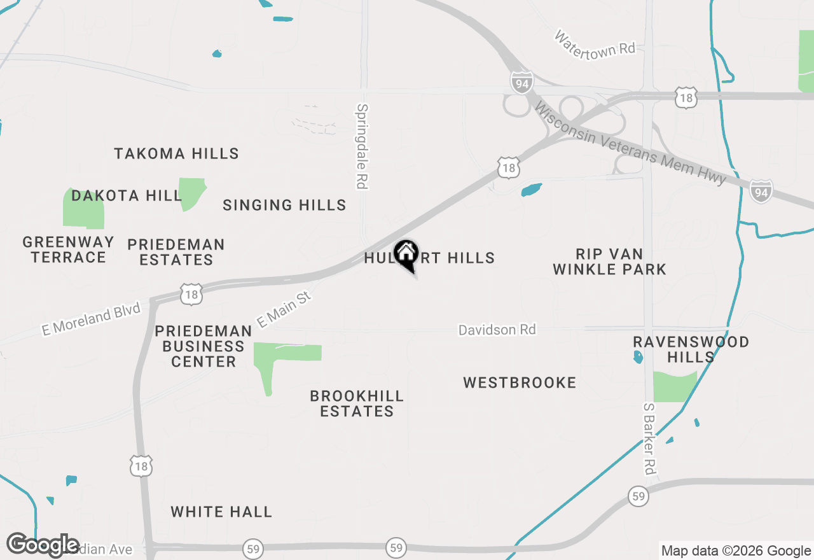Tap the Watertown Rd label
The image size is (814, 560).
pyautogui.click(x=595, y=43)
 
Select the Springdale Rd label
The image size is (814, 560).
pyautogui.click(x=362, y=146)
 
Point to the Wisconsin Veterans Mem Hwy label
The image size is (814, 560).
pyautogui.click(x=630, y=145)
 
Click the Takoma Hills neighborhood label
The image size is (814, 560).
pyautogui.click(x=177, y=153)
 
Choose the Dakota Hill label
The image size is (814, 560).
pyautogui.click(x=127, y=195)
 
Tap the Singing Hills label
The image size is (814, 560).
pyautogui.click(x=284, y=205)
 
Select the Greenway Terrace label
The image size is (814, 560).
pyautogui.click(x=68, y=249)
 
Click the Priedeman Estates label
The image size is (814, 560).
pyautogui.click(x=176, y=252)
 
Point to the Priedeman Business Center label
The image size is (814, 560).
pyautogui.click(x=203, y=346)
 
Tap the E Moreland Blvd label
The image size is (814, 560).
pyautogui.click(x=91, y=320)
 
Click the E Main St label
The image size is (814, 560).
pyautogui.click(x=284, y=309)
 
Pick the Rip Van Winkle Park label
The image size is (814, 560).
pyautogui.click(x=609, y=262)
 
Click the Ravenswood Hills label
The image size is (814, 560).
pyautogui.click(x=691, y=349)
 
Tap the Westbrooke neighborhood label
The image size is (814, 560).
pyautogui.click(x=520, y=382)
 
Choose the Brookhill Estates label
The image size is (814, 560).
pyautogui.click(x=357, y=403)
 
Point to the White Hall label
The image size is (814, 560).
pyautogui.click(x=221, y=512)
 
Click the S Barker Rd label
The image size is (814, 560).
pyautogui.click(x=649, y=438)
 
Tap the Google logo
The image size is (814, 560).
pyautogui.click(x=43, y=545)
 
